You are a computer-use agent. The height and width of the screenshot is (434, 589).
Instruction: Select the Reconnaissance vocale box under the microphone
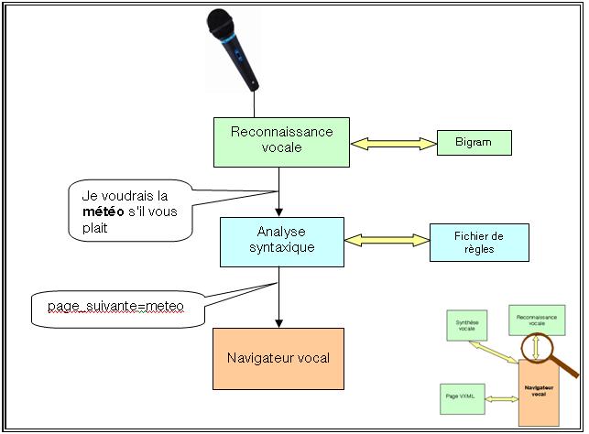281,142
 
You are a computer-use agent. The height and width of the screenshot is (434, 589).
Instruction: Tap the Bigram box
474,143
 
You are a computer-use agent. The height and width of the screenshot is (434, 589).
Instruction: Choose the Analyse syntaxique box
281,242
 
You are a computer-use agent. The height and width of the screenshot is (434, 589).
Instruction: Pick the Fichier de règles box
479,243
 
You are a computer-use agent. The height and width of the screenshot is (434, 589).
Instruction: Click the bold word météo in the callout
100,213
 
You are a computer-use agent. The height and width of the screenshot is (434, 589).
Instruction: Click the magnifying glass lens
534,346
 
